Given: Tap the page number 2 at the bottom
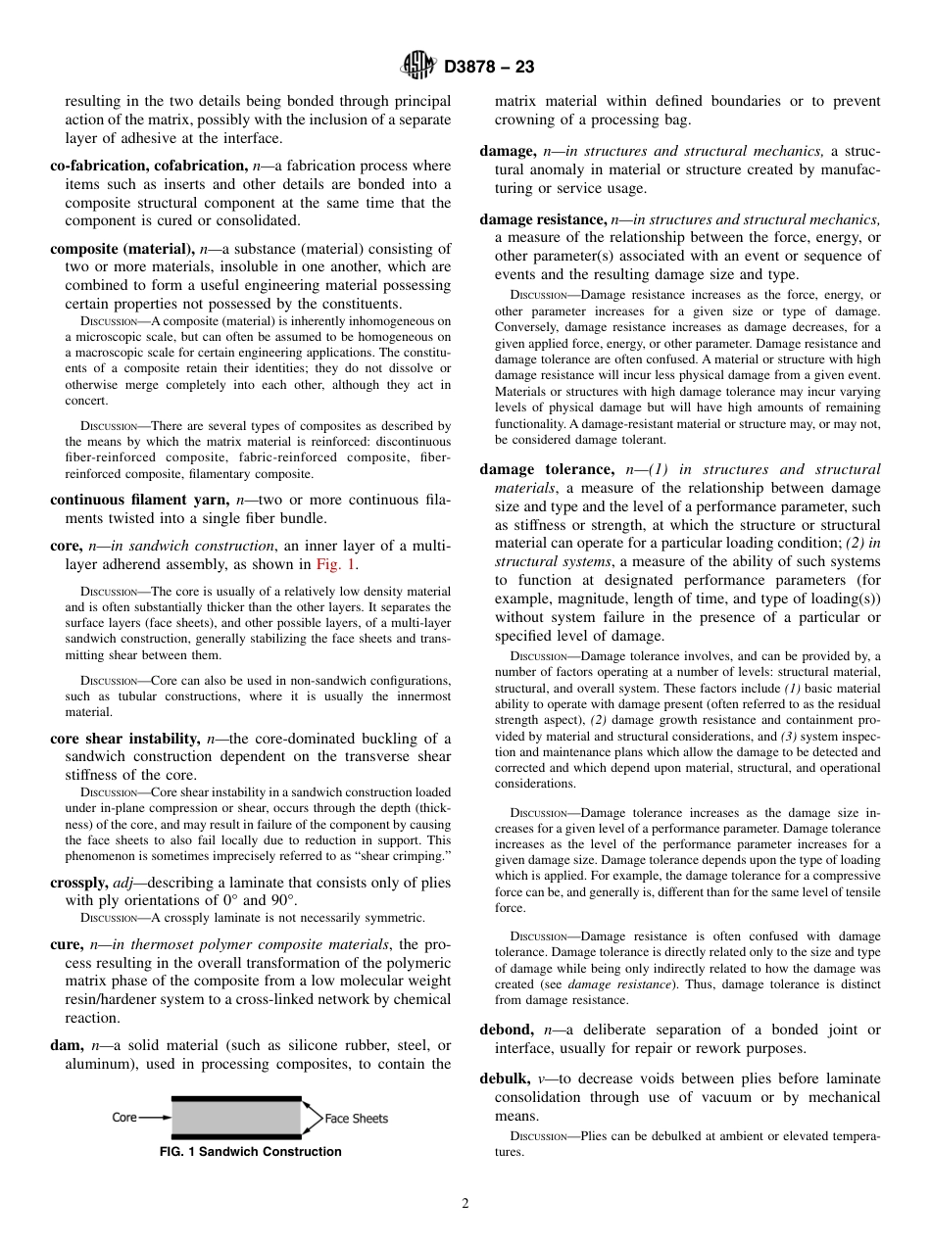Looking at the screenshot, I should click(465, 1204).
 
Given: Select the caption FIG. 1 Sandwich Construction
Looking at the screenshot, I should click(250, 1152).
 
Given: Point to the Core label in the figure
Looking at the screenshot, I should click(124, 1117).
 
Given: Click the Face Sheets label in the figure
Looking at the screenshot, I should click(356, 1118).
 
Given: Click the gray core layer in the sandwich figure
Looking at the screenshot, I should click(236, 1118).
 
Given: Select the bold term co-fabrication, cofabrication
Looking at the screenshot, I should click(148, 166).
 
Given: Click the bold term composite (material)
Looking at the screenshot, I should click(122, 249).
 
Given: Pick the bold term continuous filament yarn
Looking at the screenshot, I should click(134, 500).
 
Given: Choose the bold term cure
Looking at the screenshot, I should click(67, 944).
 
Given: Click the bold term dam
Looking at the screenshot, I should click(67, 1045).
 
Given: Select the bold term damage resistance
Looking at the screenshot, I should click(542, 219).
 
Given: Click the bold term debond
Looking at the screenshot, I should click(506, 1030).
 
